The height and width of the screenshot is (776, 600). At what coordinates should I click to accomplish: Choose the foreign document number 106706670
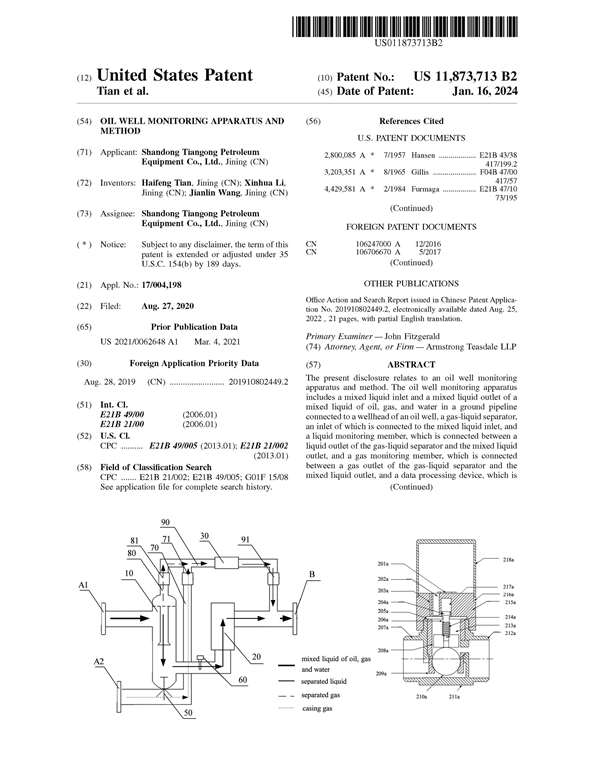pos(377,252)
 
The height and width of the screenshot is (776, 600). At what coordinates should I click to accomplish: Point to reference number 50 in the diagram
pos(187,713)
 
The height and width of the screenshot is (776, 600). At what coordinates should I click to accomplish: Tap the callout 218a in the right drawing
pos(510,561)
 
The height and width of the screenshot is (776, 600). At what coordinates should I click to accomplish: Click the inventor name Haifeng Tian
pos(164,183)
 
